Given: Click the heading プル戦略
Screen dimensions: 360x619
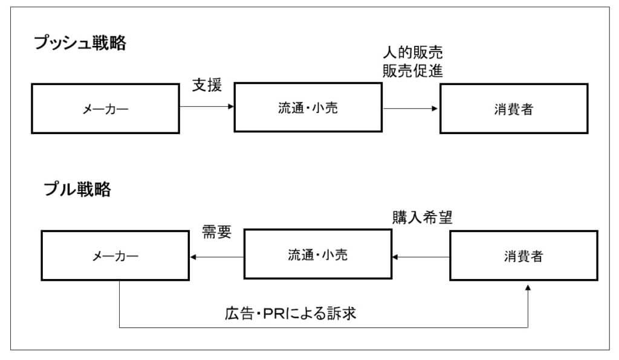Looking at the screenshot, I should point(77,189).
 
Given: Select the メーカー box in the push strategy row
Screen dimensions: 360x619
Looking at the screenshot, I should point(105,109).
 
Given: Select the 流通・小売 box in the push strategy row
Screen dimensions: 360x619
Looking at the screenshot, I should point(308,108).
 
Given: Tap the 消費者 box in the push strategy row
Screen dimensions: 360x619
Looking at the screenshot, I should point(513,109).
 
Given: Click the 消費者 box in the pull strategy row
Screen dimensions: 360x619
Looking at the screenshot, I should point(523,256).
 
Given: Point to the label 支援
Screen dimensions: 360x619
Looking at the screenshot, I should point(207,85).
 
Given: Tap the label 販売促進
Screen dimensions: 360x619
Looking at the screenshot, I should point(413,71).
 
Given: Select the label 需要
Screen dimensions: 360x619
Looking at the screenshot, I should point(216,233).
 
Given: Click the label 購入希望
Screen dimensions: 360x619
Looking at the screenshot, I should point(423,218).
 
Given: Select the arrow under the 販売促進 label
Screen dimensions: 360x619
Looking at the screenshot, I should point(411,109).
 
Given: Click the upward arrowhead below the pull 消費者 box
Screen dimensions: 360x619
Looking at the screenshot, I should point(528,289).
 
